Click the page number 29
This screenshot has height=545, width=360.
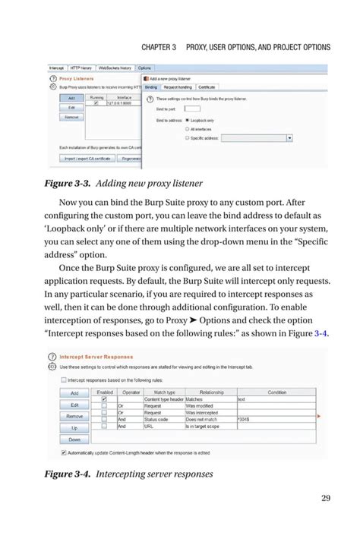326,497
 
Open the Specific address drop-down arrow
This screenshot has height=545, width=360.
289,138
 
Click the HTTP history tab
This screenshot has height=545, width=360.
79,68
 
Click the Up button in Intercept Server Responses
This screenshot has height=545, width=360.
74,427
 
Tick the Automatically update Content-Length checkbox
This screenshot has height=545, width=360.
51,452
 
